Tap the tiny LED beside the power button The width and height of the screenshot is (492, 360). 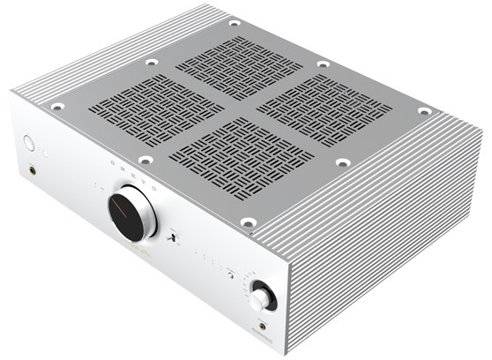coord(49,151)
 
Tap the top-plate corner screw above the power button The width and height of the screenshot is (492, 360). coord(57,107)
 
